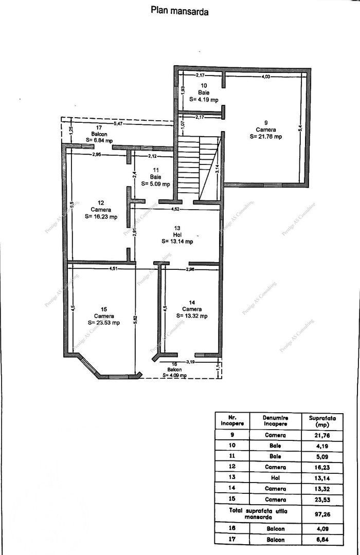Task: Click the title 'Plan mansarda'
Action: [x=179, y=11]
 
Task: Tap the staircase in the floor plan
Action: [x=199, y=168]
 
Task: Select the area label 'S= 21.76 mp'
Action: [x=266, y=137]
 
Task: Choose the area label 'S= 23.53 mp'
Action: [x=104, y=323]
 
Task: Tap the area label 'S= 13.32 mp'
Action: [x=191, y=316]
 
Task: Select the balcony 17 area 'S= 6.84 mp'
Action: [x=99, y=140]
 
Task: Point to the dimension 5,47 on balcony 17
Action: [x=118, y=124]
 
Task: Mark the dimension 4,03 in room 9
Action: [x=265, y=77]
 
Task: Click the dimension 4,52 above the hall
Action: [x=176, y=209]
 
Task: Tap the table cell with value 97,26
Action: [x=321, y=511]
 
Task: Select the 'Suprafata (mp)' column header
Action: [x=321, y=421]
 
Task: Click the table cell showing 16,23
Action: [x=321, y=467]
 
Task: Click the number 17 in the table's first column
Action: [x=231, y=540]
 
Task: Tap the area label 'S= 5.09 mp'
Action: [x=160, y=183]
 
